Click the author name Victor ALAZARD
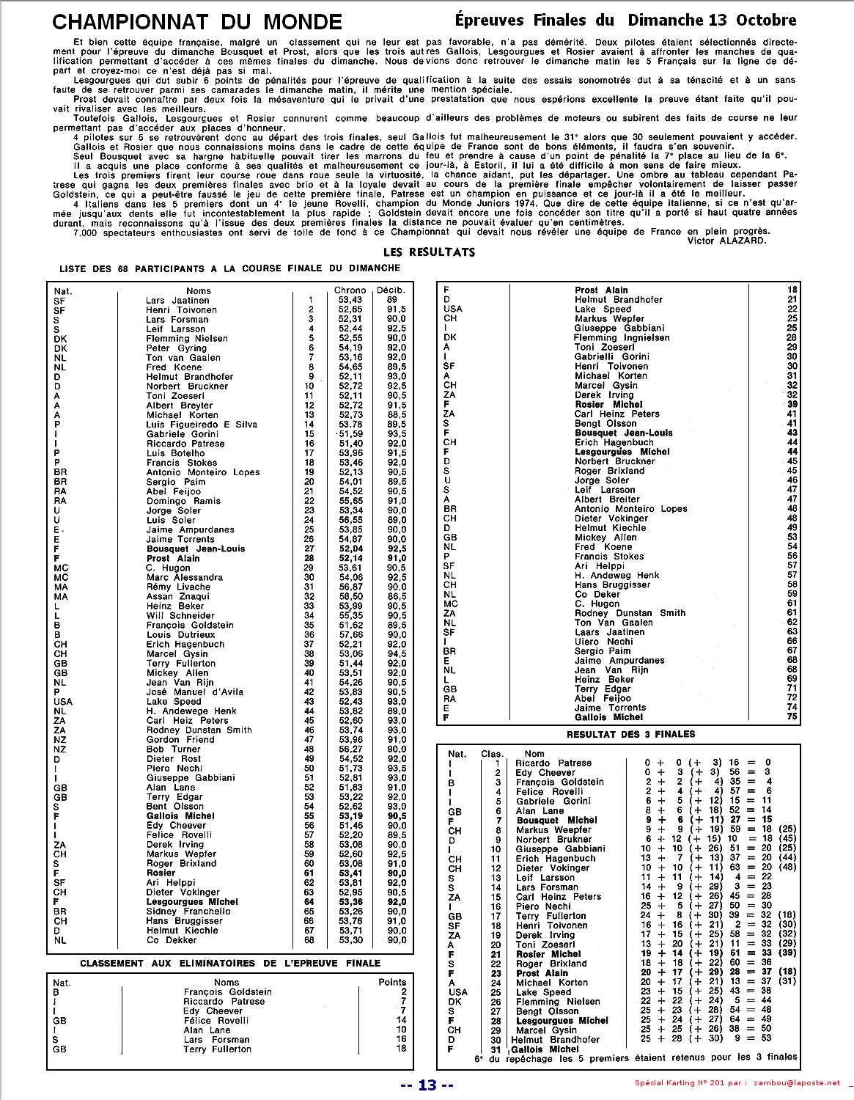coord(727,240)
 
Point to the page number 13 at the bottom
coord(427,1085)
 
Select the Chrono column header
coord(350,290)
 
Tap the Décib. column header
coord(390,290)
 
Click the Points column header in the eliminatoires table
coord(392,982)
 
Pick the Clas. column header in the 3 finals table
coord(493,753)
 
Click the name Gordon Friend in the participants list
coord(180,739)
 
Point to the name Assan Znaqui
coord(178,596)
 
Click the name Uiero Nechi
coord(604,641)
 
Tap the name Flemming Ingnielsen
coord(622,338)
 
